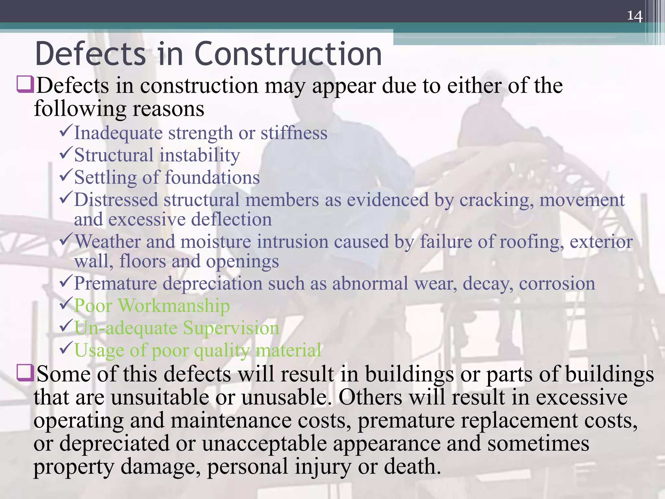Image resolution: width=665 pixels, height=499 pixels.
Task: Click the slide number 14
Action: coord(634,16)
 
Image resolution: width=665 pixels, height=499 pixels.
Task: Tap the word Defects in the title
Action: coord(91,54)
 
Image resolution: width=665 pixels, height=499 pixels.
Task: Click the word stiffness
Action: coord(294,133)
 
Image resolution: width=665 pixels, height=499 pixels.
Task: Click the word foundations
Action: coord(212,178)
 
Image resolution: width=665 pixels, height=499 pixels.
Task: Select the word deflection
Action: coord(231,220)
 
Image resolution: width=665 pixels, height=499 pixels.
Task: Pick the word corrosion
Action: coord(557,284)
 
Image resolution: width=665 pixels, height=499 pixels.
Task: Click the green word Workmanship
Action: coord(174,306)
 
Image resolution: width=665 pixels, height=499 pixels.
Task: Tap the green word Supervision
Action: coord(231,328)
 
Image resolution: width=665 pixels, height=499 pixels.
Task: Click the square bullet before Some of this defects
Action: coord(25,373)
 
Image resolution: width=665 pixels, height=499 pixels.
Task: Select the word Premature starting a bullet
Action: coord(116,284)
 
